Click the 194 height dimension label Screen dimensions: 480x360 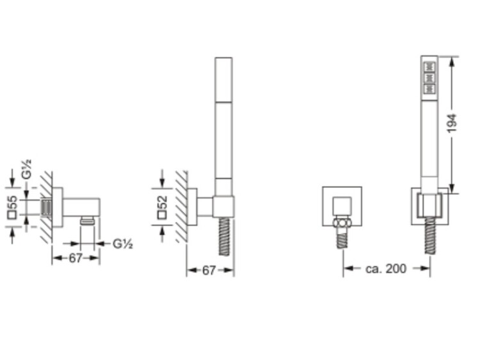tap(452, 123)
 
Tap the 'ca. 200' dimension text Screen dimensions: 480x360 tap(386, 269)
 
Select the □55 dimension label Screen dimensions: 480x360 tap(13, 207)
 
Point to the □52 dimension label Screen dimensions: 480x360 tap(163, 207)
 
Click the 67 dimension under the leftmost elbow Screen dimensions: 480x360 tap(76, 258)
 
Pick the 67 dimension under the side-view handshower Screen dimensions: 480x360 tap(209, 270)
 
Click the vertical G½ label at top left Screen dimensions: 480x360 tap(27, 169)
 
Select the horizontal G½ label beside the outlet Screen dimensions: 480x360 tap(123, 244)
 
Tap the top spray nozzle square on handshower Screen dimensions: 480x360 tap(429, 66)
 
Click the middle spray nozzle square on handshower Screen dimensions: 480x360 tap(429, 77)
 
